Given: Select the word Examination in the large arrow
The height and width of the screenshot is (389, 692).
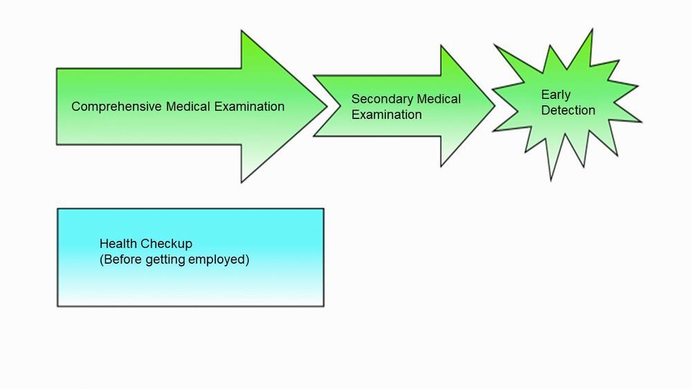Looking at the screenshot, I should point(249,107).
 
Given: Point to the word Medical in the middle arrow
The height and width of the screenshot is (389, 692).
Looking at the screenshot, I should point(439,99).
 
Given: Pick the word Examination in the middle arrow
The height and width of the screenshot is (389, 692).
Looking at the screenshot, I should point(386,115).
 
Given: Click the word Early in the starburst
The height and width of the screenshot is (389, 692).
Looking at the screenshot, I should point(556,95).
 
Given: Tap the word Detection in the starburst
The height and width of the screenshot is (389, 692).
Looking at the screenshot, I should point(568,110).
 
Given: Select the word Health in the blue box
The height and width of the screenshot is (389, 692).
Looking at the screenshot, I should point(118,244).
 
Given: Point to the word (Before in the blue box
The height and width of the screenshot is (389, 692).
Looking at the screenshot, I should point(121,260).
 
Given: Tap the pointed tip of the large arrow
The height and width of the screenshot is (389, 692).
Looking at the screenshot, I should point(325,106).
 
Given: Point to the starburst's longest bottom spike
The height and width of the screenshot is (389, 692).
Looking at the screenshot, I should point(551,177).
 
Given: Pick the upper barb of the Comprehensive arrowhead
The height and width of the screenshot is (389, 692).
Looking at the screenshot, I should point(242,35).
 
